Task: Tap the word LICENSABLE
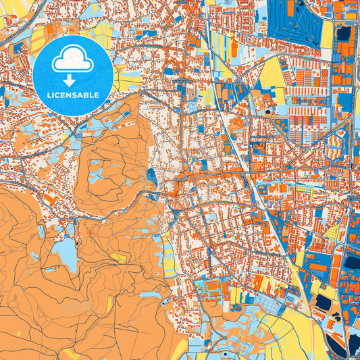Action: [x=73, y=95]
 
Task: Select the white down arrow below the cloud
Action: [x=73, y=80]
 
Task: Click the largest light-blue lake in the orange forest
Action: [x=65, y=255]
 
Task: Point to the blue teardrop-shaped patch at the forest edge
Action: [x=151, y=178]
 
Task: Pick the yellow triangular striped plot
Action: [x=332, y=230]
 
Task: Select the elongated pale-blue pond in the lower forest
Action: [x=150, y=295]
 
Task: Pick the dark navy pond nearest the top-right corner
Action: [x=343, y=32]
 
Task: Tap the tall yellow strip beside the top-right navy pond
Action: [x=327, y=34]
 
